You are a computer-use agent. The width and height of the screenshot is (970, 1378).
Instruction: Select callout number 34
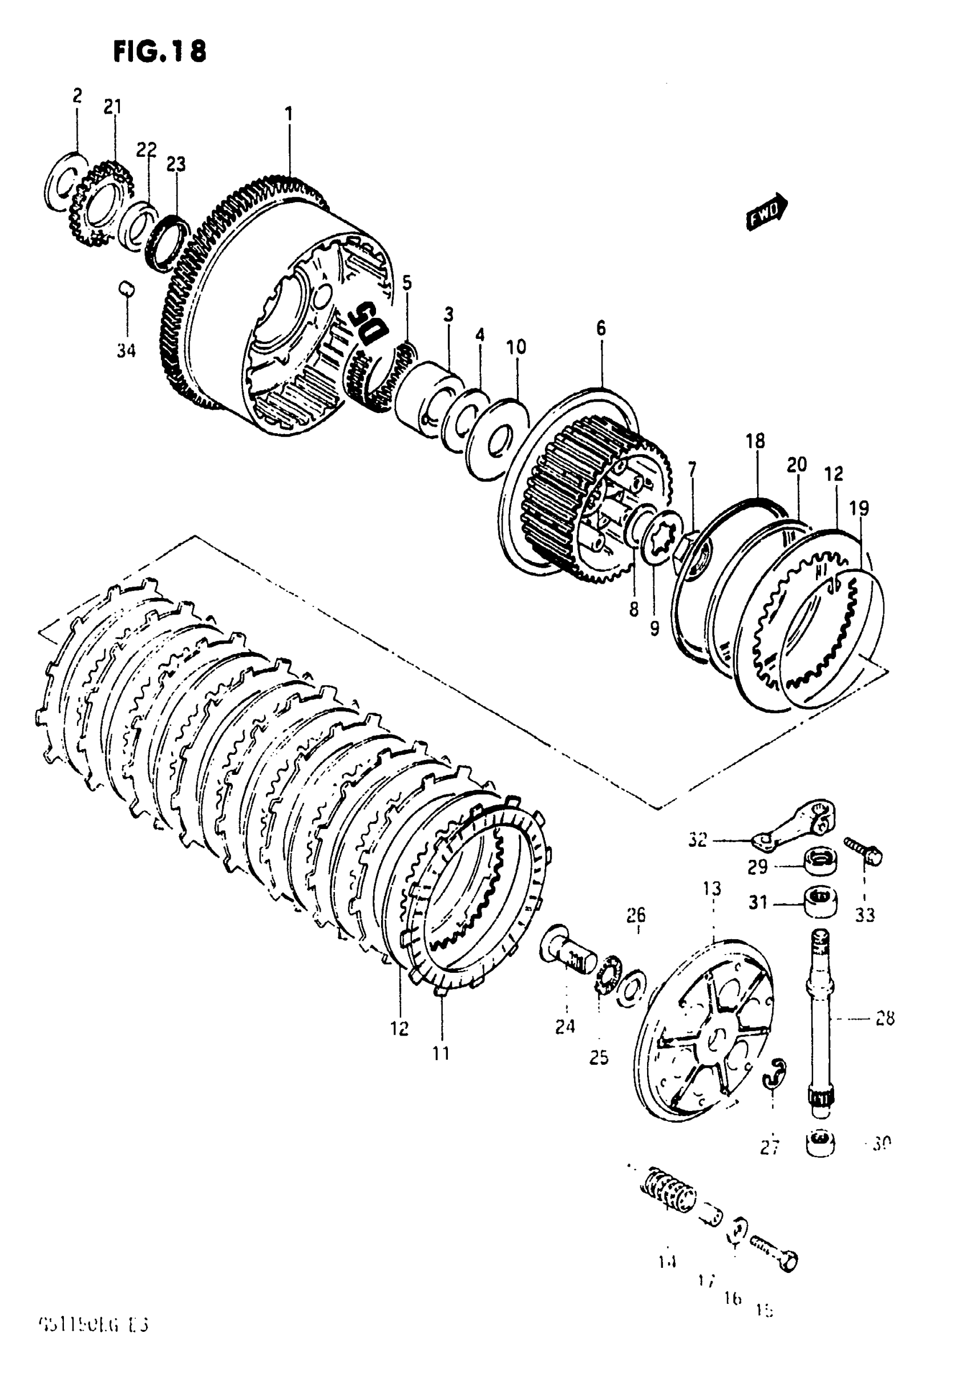[x=126, y=350]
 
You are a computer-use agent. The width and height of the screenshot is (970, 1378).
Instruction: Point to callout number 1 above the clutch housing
[x=289, y=114]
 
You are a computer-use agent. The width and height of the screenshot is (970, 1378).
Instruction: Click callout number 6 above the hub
[x=601, y=328]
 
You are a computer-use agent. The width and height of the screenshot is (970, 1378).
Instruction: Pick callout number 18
[x=755, y=441]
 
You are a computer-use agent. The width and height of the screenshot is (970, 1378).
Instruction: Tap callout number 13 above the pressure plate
[x=712, y=888]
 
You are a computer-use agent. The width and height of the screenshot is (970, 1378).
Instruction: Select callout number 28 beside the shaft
[x=885, y=1019]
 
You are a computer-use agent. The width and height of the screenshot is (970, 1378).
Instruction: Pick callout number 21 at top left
[x=112, y=107]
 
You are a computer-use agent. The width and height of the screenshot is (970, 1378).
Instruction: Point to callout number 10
[x=516, y=347]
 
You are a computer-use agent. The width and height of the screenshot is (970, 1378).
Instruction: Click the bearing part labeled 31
[x=821, y=902]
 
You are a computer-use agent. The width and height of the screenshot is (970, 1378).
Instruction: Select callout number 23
[x=176, y=164]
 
